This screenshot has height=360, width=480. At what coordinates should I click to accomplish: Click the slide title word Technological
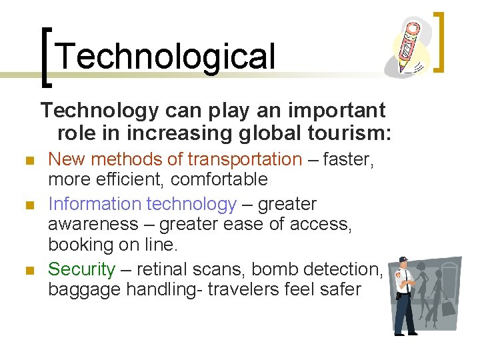pos(165,56)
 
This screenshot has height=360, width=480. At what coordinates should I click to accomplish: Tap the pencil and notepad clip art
pos(408,46)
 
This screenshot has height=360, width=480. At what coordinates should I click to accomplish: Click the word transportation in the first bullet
pos(245,159)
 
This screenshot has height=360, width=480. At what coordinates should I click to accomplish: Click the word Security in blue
pos(82,269)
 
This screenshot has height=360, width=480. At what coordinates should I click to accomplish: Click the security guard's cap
pos(403,262)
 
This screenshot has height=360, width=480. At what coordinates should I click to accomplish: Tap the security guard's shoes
pos(405,331)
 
